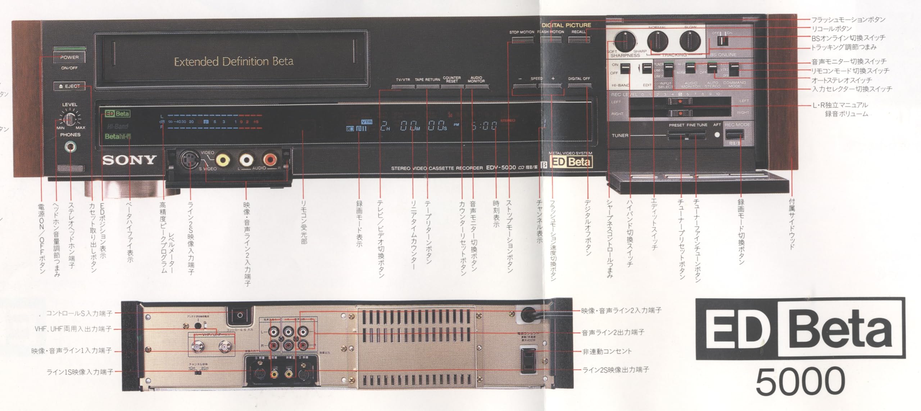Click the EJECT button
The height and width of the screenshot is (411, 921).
(69, 86)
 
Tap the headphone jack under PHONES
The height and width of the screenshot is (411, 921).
(70, 147)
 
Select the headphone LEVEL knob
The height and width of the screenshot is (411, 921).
(70, 118)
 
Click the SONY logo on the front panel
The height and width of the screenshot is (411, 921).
(129, 160)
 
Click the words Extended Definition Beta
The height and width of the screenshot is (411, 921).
(233, 62)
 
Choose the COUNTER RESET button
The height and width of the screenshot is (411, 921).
(452, 86)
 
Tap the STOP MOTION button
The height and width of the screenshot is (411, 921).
(522, 39)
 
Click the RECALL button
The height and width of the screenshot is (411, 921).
(579, 39)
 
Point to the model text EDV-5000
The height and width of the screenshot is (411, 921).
(501, 167)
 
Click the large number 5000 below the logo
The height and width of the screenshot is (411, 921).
(800, 381)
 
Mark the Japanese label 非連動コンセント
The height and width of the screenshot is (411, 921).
(607, 351)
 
